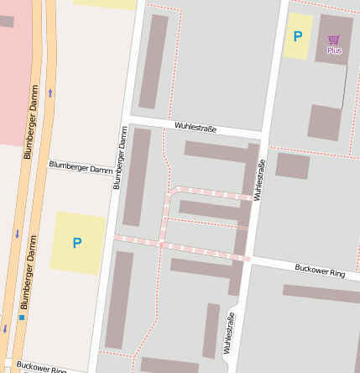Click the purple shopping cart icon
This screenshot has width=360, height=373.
[x=334, y=39]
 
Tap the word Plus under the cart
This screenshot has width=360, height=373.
[x=334, y=50]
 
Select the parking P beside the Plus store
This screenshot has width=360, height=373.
[x=296, y=36]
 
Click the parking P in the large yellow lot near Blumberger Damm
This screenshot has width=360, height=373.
[x=77, y=243]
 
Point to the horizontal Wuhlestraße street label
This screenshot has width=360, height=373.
[x=196, y=128]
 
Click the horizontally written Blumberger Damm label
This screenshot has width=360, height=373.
[x=81, y=168]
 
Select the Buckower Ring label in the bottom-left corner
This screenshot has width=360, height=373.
[x=41, y=367]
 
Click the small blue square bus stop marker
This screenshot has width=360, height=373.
[x=22, y=318]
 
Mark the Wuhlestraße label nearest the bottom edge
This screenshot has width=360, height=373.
[x=227, y=333]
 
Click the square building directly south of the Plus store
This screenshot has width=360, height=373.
[x=324, y=122]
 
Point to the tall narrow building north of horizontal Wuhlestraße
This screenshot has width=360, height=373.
[x=154, y=62]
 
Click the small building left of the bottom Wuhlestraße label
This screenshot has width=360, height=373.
[x=211, y=330]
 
